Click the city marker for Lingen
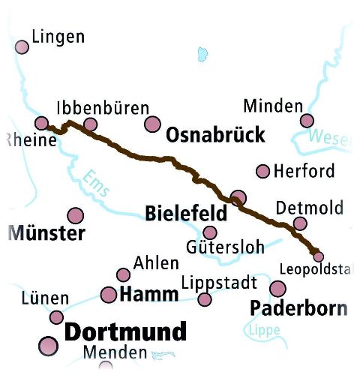pos(22,46)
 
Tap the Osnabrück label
pos(216,135)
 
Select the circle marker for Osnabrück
pos(153,124)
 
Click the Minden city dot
pos(307,121)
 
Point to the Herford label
pos(304,172)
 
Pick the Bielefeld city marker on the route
pos(238,198)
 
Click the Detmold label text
pos(309,207)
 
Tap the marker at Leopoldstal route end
pos(318,256)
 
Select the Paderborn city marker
pos(278,289)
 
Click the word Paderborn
pos(298,308)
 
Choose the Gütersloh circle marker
pos(210,232)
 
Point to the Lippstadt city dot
pos(205,300)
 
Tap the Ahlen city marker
pos(123,275)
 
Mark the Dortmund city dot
pos(48,346)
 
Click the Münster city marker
pos(75,216)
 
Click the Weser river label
pos(329,139)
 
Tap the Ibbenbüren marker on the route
pos(91,124)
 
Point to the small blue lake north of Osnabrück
pos(201,54)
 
